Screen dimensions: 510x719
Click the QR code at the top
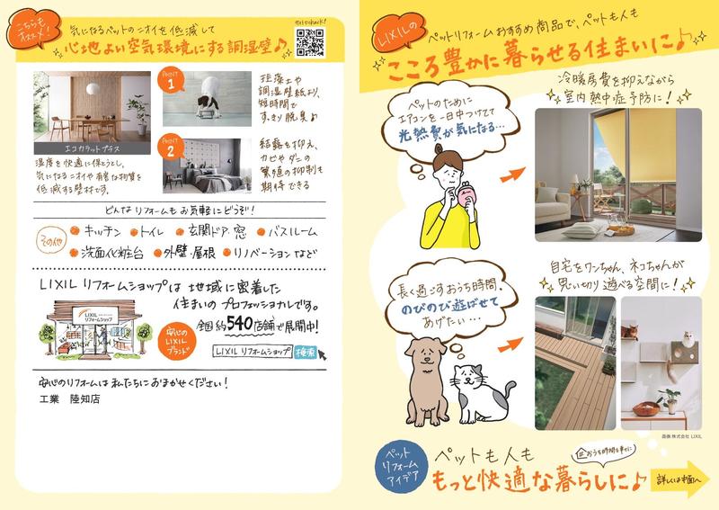click(308, 40)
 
